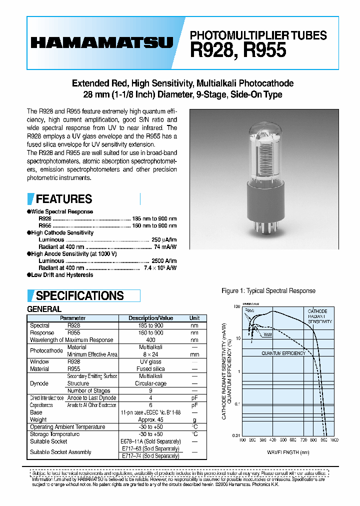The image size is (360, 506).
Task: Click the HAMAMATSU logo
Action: [x=102, y=43]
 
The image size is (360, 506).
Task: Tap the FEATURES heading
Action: [x=64, y=199]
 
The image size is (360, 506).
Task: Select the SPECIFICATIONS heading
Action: [x=79, y=295]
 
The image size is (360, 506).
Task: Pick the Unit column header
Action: [x=194, y=318]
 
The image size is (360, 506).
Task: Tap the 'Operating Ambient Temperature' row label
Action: [x=67, y=427]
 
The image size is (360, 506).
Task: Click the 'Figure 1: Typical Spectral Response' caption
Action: [x=268, y=290]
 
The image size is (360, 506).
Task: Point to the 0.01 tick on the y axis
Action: [x=236, y=435]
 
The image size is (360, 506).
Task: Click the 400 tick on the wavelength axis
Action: [x=272, y=440]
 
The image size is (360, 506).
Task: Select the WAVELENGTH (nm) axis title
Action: [x=288, y=452]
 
